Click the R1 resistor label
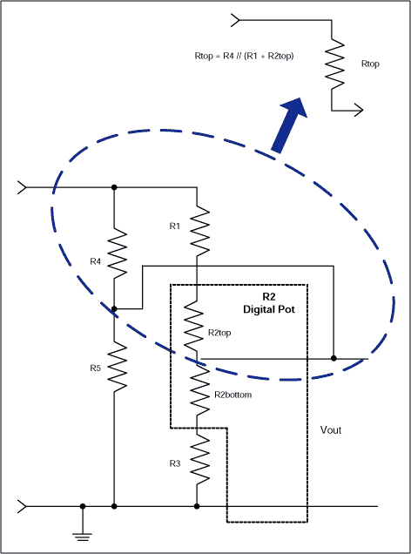[174, 226]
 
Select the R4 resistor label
[96, 260]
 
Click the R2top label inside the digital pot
[219, 333]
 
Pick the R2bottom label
[231, 395]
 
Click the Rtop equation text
[245, 56]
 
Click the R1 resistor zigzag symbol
[198, 227]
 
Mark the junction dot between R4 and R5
[114, 308]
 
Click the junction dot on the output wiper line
[333, 358]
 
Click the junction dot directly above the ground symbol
[83, 505]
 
